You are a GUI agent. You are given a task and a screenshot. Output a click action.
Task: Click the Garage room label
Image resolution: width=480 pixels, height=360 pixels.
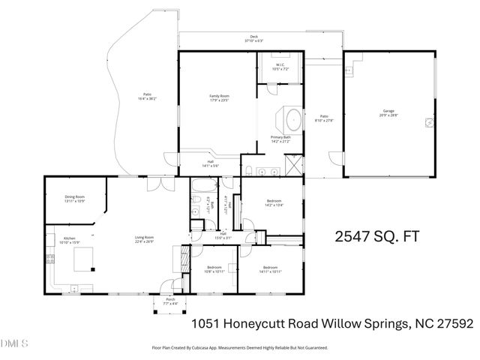388,114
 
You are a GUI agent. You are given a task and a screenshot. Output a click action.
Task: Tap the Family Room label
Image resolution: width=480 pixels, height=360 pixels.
219,97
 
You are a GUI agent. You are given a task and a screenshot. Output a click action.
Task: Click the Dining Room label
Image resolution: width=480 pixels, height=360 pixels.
74,199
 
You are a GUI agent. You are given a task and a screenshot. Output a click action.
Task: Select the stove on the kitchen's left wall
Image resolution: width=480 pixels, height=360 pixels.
50,259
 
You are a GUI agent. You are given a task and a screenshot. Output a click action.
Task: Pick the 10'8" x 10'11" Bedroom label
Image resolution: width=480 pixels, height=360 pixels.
214,271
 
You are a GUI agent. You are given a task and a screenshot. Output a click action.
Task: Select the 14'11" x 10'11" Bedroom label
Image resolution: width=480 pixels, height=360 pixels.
270,271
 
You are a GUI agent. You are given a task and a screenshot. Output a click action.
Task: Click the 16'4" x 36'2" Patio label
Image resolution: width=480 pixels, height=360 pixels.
148,97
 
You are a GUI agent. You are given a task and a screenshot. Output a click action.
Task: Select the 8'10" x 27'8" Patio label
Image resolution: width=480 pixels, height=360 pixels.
324,118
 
